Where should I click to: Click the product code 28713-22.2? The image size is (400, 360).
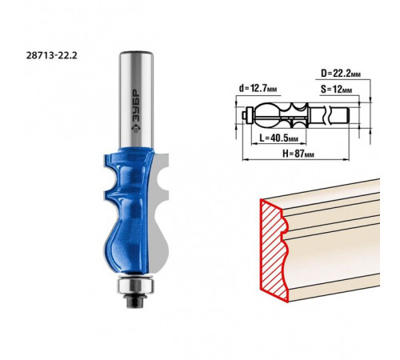(51, 55)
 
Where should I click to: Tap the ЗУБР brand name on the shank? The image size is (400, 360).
(136, 106)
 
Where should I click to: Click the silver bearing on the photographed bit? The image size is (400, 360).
(136, 285)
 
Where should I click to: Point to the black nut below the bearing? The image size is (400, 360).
(136, 300)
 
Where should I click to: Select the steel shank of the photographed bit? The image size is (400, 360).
(136, 99)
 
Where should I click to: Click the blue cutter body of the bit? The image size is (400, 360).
(126, 210)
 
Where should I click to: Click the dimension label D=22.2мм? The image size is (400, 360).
(341, 74)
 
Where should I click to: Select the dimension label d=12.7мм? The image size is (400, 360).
(258, 88)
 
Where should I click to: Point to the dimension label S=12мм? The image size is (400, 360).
(336, 90)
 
